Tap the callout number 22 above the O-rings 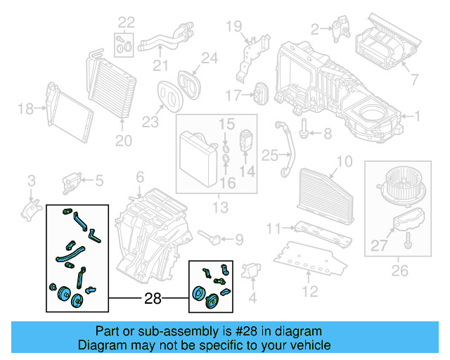125,22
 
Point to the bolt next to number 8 304,130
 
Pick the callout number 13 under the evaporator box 220,207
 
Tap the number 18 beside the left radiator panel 25,108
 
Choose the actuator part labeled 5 73,181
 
